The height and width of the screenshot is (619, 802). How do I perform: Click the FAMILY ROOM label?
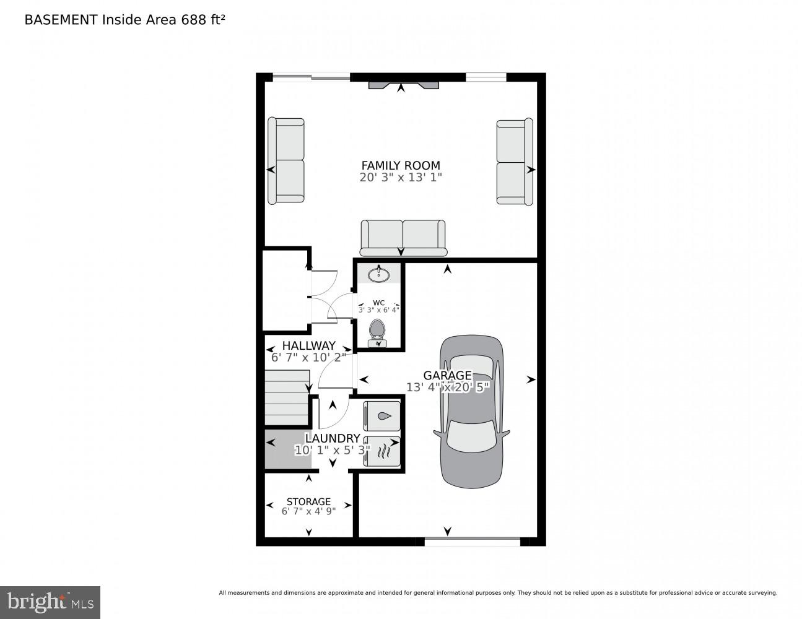point(401,165)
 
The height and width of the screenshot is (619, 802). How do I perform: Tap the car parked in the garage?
point(472,412)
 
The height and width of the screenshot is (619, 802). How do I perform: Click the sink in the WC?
point(378,274)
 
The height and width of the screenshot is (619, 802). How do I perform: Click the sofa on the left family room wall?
point(286,161)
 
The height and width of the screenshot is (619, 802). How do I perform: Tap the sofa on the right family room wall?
point(514,162)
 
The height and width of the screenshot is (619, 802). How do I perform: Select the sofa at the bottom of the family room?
point(403,238)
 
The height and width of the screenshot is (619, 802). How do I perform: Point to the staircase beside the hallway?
point(287,397)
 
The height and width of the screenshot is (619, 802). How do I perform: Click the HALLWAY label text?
point(308,345)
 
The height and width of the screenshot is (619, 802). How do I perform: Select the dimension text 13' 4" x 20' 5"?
point(448,387)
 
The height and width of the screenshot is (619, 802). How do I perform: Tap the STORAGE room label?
point(308,501)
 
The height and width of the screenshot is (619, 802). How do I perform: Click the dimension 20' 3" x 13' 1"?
point(401,178)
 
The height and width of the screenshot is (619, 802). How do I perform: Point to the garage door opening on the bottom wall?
point(472,542)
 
